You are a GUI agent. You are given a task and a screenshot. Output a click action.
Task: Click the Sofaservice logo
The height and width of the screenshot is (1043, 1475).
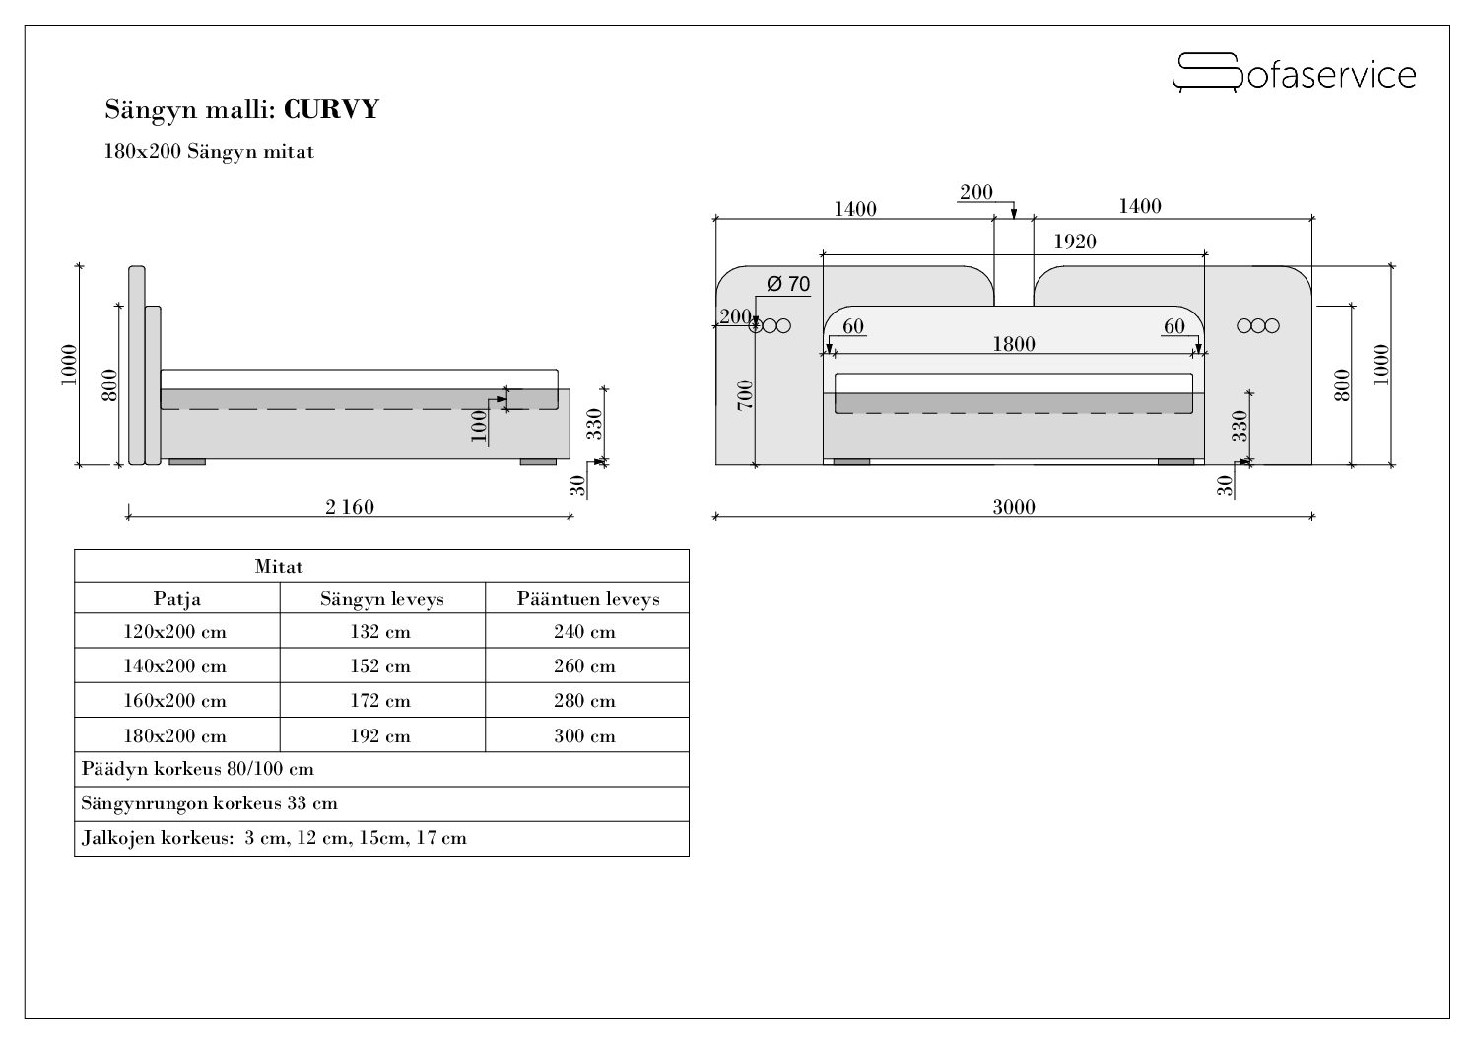coord(1294,73)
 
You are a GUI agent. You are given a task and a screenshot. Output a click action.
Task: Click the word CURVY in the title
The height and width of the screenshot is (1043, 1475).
coord(331,109)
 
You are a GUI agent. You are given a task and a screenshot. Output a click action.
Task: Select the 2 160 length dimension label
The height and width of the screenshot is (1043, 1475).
coord(350,507)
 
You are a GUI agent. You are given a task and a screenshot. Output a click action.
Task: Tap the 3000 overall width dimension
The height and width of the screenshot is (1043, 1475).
coord(1014,507)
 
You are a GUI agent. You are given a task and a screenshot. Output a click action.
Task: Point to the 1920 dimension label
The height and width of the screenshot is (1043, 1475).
coord(1075,242)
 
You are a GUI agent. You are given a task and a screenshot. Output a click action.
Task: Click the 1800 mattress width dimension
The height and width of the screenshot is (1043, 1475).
coord(1014,344)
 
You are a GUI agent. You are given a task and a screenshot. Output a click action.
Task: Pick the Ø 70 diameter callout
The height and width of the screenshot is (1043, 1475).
coord(788,284)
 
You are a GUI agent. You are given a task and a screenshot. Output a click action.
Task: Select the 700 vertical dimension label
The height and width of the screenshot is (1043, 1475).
coord(745,395)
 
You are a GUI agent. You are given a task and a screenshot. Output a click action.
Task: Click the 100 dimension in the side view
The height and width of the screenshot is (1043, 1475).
coord(480,426)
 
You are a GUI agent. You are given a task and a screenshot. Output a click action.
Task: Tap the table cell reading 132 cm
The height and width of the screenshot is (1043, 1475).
coord(380,631)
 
